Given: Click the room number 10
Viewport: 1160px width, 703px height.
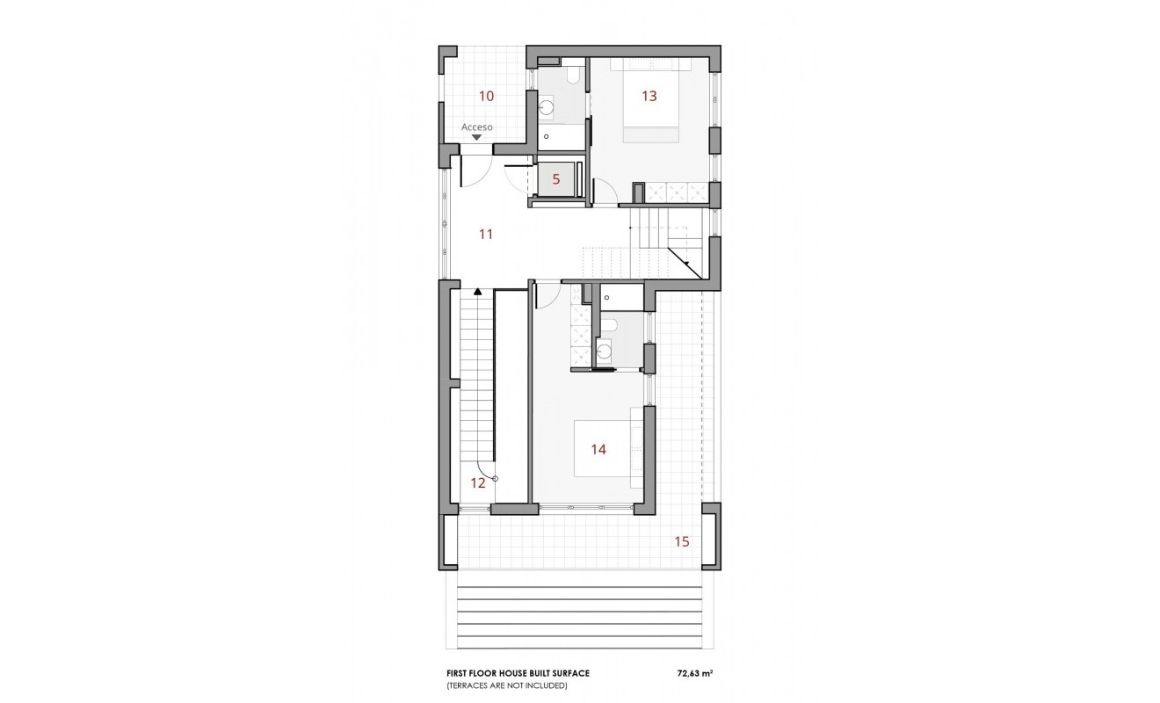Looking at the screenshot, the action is click(486, 96).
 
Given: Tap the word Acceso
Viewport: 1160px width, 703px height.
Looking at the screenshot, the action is click(477, 127).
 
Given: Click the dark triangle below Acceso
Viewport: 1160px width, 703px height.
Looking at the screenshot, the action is click(477, 138).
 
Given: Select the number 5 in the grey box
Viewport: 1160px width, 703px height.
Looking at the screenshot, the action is click(556, 179).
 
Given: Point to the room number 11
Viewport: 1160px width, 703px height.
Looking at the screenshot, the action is click(486, 235).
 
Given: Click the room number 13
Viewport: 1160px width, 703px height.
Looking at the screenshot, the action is click(649, 96).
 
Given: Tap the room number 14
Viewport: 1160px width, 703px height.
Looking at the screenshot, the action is click(598, 449).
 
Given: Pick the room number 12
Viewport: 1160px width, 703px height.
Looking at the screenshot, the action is click(478, 483).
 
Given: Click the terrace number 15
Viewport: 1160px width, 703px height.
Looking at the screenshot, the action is click(682, 541).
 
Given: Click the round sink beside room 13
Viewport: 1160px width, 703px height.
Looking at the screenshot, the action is click(547, 108).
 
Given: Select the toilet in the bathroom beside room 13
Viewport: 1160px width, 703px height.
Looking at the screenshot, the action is click(573, 77).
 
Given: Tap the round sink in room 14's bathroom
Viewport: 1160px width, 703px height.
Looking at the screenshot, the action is click(605, 352).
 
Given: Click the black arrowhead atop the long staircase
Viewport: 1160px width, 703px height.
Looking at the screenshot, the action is click(477, 292).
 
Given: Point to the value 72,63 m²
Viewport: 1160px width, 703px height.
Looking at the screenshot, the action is click(695, 673).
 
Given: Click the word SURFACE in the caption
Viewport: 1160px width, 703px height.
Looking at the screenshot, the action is click(572, 673).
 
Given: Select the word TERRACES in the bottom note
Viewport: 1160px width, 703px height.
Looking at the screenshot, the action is click(468, 686).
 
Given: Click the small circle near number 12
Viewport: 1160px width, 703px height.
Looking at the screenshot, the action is click(495, 479).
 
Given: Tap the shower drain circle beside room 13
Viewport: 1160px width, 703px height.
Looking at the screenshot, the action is click(546, 137).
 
